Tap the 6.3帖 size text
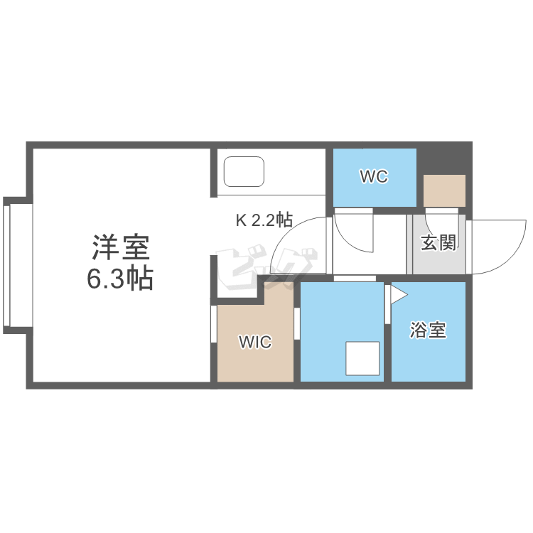pos(119,279)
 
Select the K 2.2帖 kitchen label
pos(264,220)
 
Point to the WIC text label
pos(254,343)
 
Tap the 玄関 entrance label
pos(438,243)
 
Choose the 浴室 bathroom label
pos(429,330)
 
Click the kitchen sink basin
pos(244,171)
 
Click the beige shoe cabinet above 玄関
pos(444,190)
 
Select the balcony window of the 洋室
pos(8,263)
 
